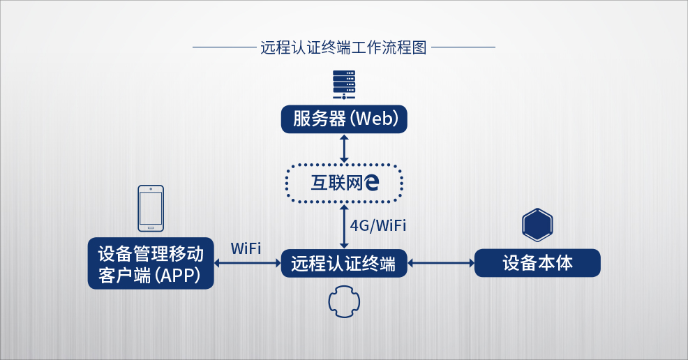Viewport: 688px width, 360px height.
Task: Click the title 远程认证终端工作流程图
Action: coord(343,48)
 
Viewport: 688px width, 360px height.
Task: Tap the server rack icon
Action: coord(344,84)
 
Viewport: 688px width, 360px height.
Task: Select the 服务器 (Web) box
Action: coord(344,119)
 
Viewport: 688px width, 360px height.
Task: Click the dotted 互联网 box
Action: coord(344,183)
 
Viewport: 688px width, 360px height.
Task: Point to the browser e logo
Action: coord(372,183)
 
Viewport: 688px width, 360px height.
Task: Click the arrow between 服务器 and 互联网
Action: coord(344,147)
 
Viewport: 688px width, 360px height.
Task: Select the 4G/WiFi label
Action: coord(377,225)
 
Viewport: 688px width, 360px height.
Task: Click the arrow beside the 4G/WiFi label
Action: coord(344,225)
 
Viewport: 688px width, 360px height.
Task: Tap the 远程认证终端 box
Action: coord(344,264)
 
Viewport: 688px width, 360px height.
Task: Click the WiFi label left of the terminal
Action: coord(246,248)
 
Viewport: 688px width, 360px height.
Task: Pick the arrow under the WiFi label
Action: coord(247,264)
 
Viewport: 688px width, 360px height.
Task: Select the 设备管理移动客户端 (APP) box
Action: coord(151,263)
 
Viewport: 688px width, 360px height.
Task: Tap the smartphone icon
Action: coord(151,208)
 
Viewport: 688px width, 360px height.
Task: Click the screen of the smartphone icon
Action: coord(151,207)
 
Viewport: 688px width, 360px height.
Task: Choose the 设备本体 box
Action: coord(537,263)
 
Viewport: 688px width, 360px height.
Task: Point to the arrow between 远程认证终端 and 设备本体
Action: coord(441,264)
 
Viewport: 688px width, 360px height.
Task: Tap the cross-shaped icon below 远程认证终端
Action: coord(344,301)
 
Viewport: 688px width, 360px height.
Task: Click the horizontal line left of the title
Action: coord(223,48)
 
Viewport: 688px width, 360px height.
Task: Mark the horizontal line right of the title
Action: coord(463,48)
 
